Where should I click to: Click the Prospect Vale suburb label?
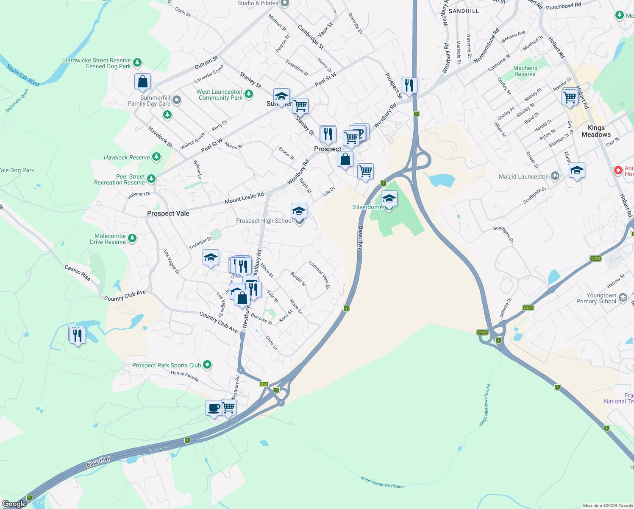point(168,213)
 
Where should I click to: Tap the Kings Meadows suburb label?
point(596,131)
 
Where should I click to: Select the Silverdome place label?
point(367,207)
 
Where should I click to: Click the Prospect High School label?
point(264,221)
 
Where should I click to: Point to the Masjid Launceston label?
point(524,176)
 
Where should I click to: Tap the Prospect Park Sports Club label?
point(167,365)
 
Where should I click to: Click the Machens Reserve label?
point(525,71)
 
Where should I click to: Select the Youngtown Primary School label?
point(596,298)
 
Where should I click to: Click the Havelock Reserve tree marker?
point(156,157)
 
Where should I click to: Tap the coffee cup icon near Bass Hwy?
point(214,408)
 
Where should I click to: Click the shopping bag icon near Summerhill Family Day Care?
point(142,81)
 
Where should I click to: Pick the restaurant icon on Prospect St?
point(409,86)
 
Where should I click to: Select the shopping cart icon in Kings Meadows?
point(570,97)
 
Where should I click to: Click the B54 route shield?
point(264,384)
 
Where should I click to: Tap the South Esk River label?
point(23,75)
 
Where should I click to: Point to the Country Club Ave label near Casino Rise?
point(125,295)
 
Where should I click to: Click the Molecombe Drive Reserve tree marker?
point(132,238)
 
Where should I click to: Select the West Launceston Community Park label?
point(220,95)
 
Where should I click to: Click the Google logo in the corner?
point(14,503)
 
